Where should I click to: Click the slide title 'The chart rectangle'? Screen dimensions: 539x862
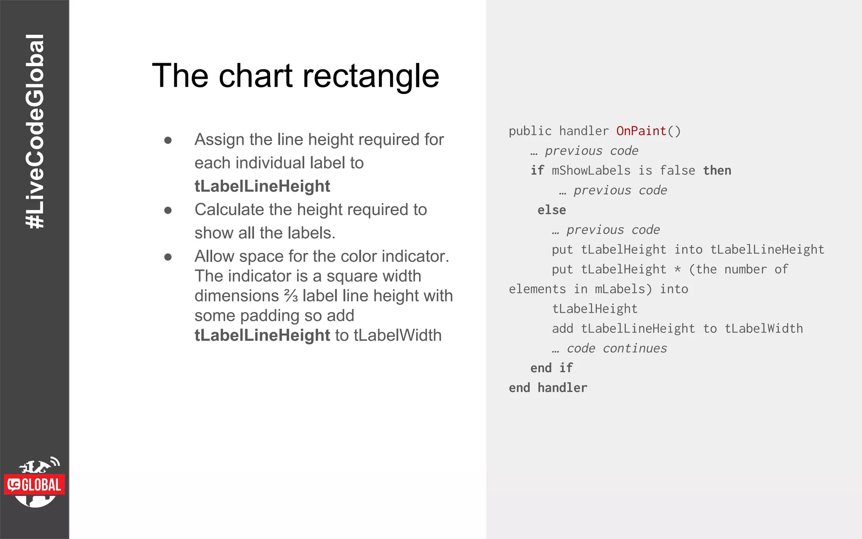[x=295, y=76]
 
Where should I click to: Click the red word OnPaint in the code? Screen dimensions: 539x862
[x=641, y=131]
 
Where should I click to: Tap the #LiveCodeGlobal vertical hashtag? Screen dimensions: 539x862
[x=35, y=131]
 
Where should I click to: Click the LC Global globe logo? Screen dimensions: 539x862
[x=35, y=483]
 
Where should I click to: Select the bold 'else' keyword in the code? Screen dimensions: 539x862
[x=551, y=210]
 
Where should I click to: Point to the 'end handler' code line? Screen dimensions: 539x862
[x=548, y=388]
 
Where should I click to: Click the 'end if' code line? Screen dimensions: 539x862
[x=551, y=368]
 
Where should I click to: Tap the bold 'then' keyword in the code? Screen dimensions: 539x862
[x=717, y=171]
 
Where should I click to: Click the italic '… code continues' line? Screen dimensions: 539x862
[x=609, y=348]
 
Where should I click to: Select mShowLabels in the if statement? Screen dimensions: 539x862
[x=591, y=171]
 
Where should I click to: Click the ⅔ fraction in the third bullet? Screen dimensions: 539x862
[x=291, y=296]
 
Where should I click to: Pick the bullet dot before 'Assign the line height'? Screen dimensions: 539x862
[x=168, y=140]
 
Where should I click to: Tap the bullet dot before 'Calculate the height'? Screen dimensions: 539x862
[x=168, y=210]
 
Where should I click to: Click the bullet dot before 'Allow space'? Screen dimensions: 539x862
[x=168, y=257]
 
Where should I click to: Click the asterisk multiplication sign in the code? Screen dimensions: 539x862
[x=677, y=269]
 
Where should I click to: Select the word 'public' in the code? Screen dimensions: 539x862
[x=530, y=131]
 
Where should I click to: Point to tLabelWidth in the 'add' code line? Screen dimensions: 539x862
[x=764, y=328]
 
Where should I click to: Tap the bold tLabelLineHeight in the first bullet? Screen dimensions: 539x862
[x=262, y=186]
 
